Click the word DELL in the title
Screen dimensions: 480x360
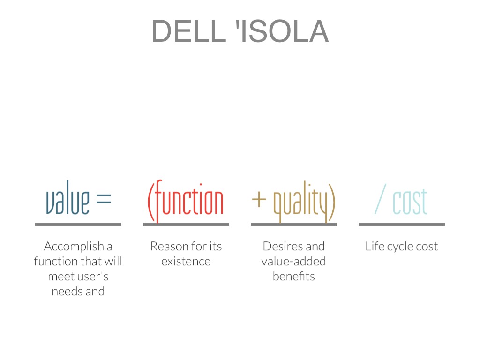click(189, 31)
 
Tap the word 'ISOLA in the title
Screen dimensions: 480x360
click(282, 31)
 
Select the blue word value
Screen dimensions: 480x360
click(67, 197)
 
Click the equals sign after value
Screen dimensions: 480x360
click(104, 198)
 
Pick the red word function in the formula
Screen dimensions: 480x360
click(186, 201)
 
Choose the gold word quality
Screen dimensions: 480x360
click(304, 202)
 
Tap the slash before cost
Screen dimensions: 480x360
click(381, 199)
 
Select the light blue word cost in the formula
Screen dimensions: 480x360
click(410, 202)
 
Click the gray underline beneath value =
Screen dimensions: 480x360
click(78, 225)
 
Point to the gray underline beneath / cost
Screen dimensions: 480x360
click(402, 225)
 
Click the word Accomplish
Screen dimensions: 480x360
click(74, 247)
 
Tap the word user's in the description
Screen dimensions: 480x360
click(93, 277)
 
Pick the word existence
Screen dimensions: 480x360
click(186, 262)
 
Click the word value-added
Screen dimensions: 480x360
click(293, 262)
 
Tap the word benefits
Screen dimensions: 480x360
click(293, 277)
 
